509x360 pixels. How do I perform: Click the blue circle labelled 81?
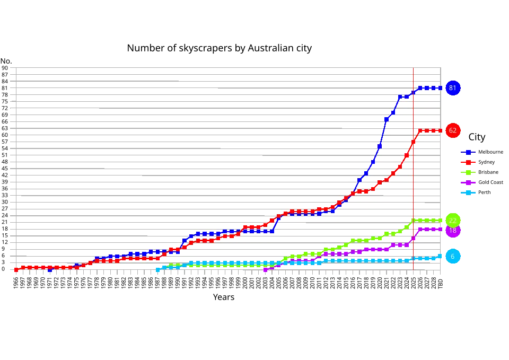[452, 88]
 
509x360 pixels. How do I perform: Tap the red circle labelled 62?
[452, 130]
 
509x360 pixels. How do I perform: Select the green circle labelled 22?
[452, 221]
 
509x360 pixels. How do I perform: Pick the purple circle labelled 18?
[452, 231]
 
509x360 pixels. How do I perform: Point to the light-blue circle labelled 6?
[452, 257]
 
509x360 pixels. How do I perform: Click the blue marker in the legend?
[468, 152]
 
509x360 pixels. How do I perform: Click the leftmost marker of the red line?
[16, 270]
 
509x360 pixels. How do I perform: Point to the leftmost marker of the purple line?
[265, 270]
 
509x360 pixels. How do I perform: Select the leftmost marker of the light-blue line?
[157, 270]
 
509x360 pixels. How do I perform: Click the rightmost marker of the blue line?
[440, 88]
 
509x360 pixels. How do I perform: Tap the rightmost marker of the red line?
[440, 130]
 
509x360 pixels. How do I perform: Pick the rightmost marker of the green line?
[440, 221]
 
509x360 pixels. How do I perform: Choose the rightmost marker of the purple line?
[440, 229]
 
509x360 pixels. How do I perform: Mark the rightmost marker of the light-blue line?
[440, 257]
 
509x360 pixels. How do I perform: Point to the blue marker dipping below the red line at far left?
[50, 270]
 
